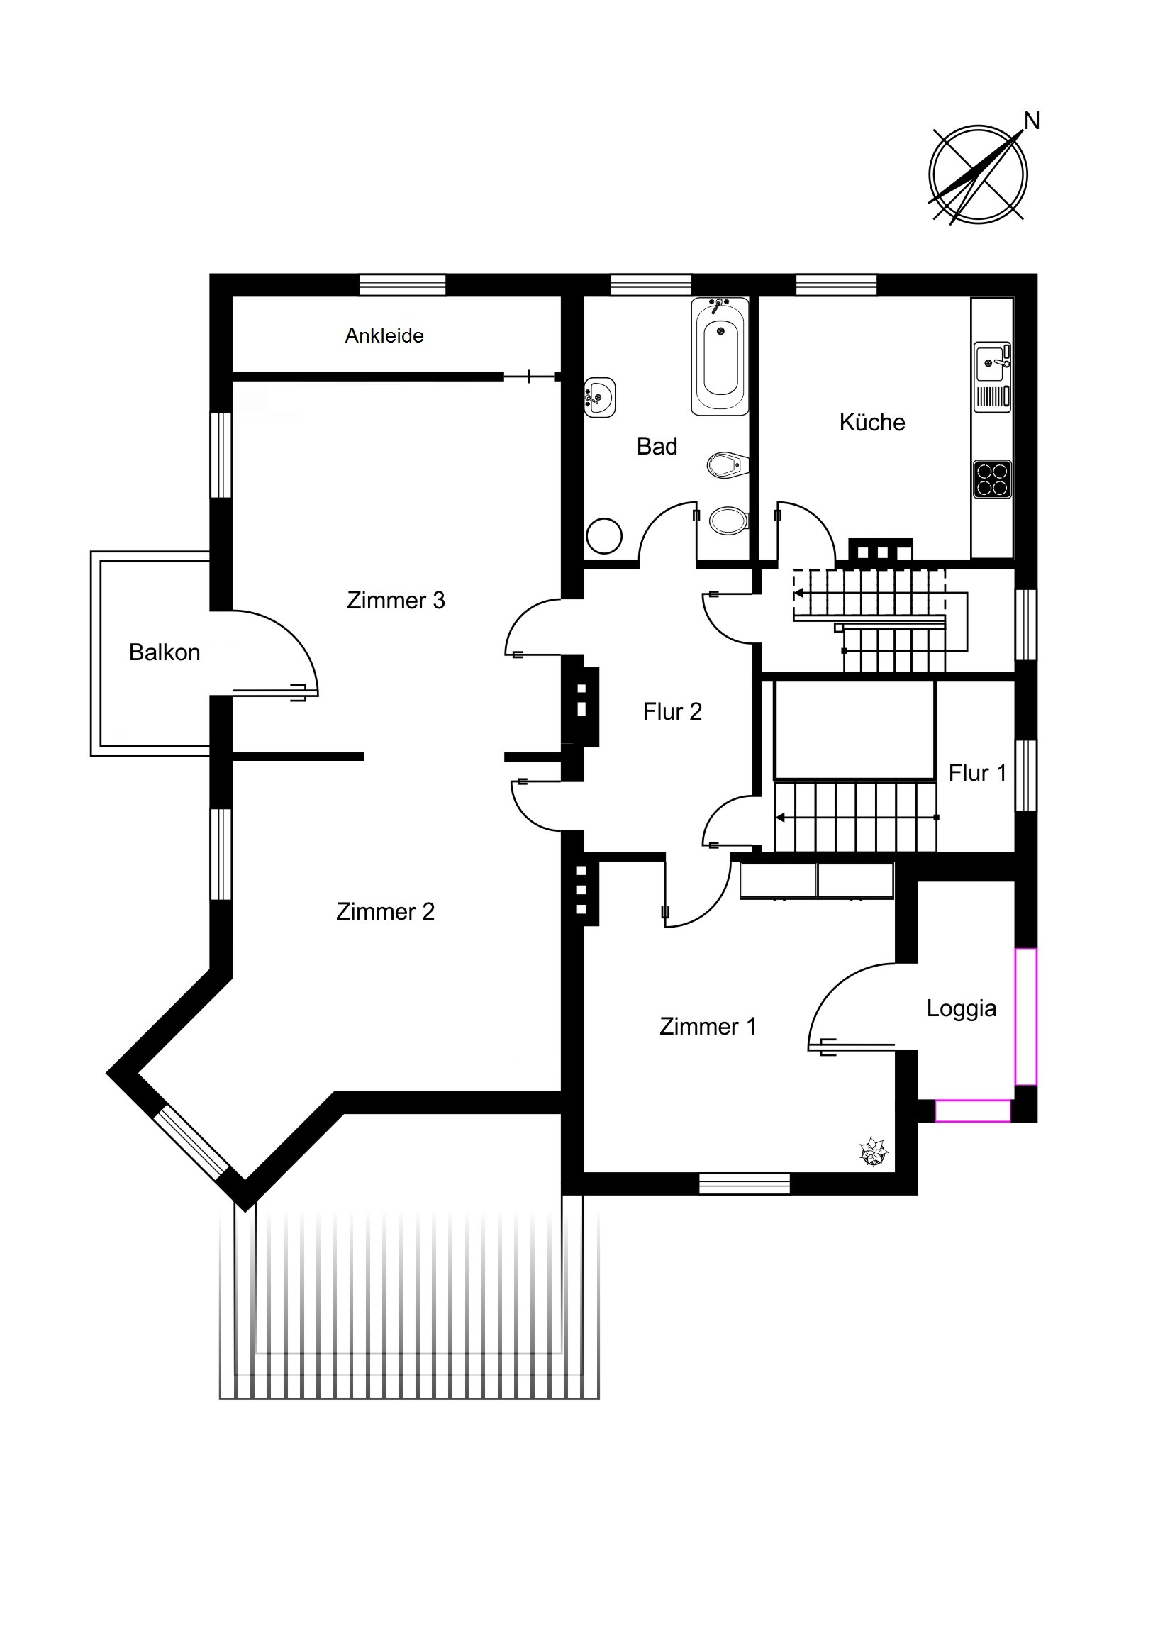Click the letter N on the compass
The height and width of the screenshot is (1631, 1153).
pos(1032,121)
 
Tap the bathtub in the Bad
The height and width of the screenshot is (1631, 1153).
pos(720,357)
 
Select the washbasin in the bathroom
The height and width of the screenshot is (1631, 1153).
pos(599,397)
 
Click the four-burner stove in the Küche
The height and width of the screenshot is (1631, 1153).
pos(992,479)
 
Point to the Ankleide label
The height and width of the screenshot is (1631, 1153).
pos(384,335)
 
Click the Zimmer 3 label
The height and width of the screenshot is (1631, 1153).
pos(396,600)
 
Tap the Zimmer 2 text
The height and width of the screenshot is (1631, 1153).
pos(385,911)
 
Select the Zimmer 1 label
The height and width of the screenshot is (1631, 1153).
pos(708,1027)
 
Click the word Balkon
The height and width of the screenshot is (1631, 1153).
pos(164,652)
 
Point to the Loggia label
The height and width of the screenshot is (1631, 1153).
pos(962,1008)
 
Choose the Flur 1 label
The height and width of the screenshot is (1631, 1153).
pos(978,773)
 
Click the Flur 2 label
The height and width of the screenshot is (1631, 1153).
pos(672,712)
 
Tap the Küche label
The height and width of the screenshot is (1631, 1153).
pos(872,422)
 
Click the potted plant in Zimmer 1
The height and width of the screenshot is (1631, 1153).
pos(874,1152)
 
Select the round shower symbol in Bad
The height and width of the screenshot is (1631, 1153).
pos(604,535)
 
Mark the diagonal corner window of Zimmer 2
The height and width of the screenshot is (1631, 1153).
pos(191,1142)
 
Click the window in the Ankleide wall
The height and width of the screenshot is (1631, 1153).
pos(402,285)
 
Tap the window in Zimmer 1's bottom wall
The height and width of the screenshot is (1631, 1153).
pos(745,1184)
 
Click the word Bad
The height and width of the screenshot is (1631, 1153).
pos(657,446)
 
